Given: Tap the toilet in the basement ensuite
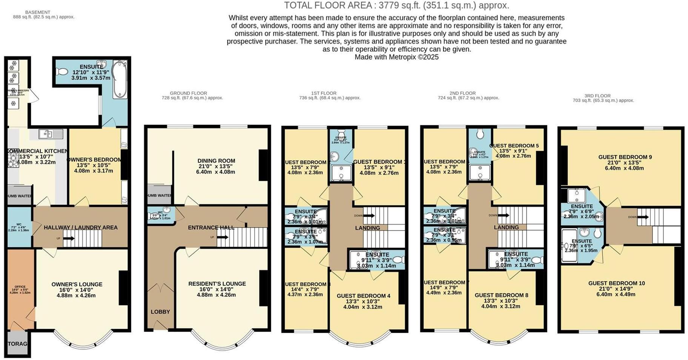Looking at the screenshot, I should point(61,71).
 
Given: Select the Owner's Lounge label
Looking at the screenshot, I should point(77,285).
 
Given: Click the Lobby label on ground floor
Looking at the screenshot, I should point(160,312).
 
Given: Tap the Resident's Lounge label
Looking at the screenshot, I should point(217,284).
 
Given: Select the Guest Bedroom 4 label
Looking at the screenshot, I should point(363,296).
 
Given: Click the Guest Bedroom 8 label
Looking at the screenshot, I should point(501,295).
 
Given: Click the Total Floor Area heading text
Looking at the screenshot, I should point(396,5).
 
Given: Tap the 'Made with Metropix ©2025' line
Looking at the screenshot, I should point(396,57).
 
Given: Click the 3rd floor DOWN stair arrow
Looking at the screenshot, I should point(643,217).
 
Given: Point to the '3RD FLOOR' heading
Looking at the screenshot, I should point(597,96).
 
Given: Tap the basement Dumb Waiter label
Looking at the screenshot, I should point(20,196).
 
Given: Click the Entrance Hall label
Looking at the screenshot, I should point(211,228).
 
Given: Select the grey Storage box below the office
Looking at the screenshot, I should point(18,344).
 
